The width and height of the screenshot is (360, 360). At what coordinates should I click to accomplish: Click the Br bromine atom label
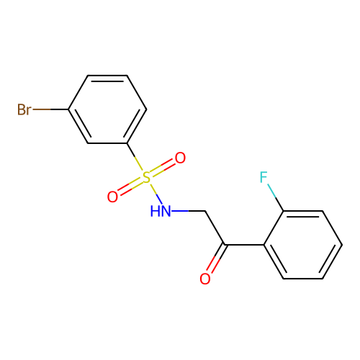pyautogui.click(x=24, y=109)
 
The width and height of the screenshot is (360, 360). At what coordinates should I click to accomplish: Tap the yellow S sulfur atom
pyautogui.click(x=146, y=177)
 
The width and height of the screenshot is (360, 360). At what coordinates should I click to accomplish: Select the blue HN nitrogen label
pyautogui.click(x=161, y=211)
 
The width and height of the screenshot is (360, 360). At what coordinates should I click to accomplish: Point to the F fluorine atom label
pyautogui.click(x=264, y=177)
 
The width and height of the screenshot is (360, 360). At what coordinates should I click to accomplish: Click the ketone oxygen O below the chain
pyautogui.click(x=205, y=279)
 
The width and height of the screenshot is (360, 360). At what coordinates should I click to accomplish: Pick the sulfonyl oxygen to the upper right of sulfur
pyautogui.click(x=180, y=158)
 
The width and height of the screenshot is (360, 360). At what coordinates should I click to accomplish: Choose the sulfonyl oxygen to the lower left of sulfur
pyautogui.click(x=112, y=197)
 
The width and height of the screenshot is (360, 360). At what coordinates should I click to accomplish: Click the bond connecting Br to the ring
pyautogui.click(x=50, y=109)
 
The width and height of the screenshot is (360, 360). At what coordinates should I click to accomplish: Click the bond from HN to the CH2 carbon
pyautogui.click(x=188, y=211)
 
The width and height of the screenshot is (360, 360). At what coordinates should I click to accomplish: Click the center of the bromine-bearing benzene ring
pyautogui.click(x=107, y=109)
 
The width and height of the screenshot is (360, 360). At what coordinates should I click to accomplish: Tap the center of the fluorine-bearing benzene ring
pyautogui.click(x=303, y=245)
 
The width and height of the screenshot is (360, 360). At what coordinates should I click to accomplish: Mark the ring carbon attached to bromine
pyautogui.click(x=68, y=109)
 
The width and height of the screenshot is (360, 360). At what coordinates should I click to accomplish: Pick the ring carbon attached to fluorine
pyautogui.click(x=284, y=211)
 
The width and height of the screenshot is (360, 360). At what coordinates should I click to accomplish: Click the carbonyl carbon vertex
pyautogui.click(x=225, y=245)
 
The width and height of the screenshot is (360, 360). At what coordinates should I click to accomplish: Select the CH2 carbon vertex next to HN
pyautogui.click(x=205, y=211)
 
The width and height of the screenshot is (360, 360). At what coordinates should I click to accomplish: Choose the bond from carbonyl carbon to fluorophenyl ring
pyautogui.click(x=244, y=245)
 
